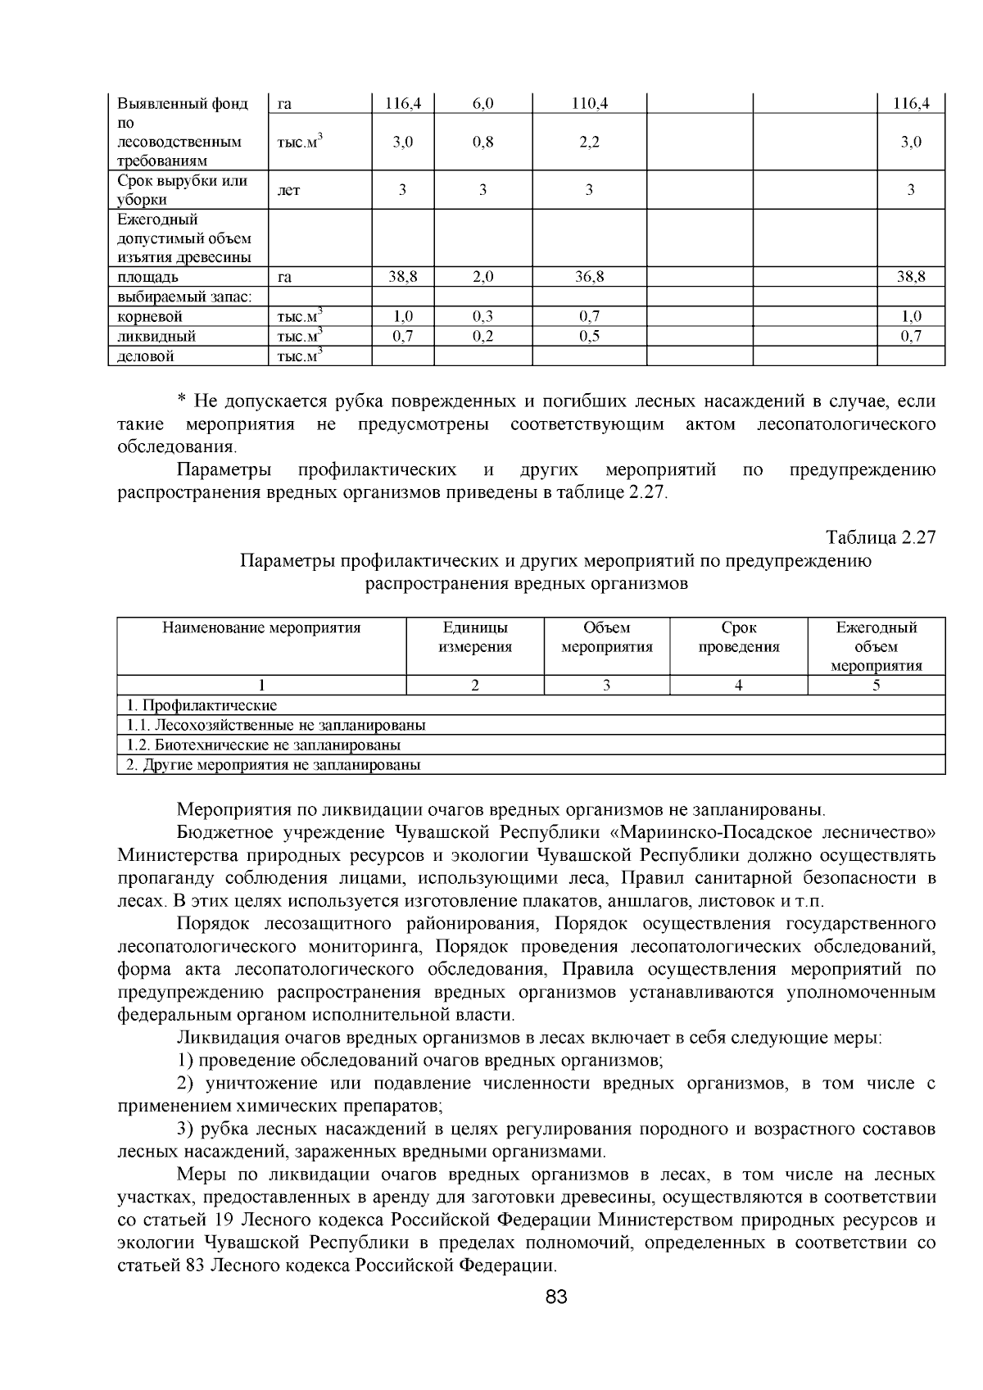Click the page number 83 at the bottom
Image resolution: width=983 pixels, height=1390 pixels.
tap(556, 1297)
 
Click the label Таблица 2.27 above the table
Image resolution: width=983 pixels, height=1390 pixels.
tap(881, 537)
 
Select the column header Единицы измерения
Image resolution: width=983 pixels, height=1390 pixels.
tap(475, 637)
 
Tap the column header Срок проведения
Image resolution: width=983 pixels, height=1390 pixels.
tap(739, 637)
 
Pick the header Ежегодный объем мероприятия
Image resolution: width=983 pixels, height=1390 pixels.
tap(877, 646)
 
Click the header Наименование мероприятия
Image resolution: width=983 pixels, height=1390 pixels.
tap(261, 628)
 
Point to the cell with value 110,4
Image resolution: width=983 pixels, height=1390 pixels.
tap(589, 103)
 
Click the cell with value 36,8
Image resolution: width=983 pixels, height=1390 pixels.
tap(589, 277)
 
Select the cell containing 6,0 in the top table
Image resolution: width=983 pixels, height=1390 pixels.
tap(482, 103)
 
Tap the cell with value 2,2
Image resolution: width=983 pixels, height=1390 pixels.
tap(589, 142)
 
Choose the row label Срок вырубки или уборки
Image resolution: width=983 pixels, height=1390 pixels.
tap(183, 190)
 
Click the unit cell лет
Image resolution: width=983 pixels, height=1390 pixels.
tap(289, 191)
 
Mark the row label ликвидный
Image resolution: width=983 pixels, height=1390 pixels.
tap(156, 336)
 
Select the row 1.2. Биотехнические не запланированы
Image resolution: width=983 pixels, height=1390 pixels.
tap(263, 745)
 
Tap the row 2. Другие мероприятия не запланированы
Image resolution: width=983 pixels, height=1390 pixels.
tap(273, 765)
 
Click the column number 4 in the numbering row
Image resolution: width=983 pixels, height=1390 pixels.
tap(739, 686)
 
